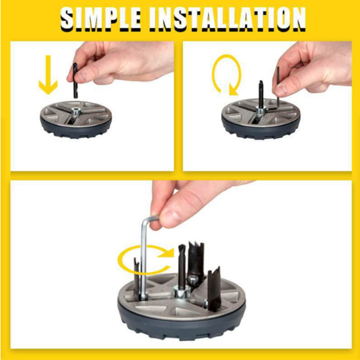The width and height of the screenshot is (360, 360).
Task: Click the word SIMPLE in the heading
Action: [100, 19]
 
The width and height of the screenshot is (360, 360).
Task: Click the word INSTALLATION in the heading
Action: [228, 19]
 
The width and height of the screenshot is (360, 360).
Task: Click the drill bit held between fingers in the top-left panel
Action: [75, 81]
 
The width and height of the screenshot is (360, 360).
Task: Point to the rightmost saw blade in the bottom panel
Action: [215, 288]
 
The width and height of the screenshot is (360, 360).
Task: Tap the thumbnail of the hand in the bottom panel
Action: [169, 217]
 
